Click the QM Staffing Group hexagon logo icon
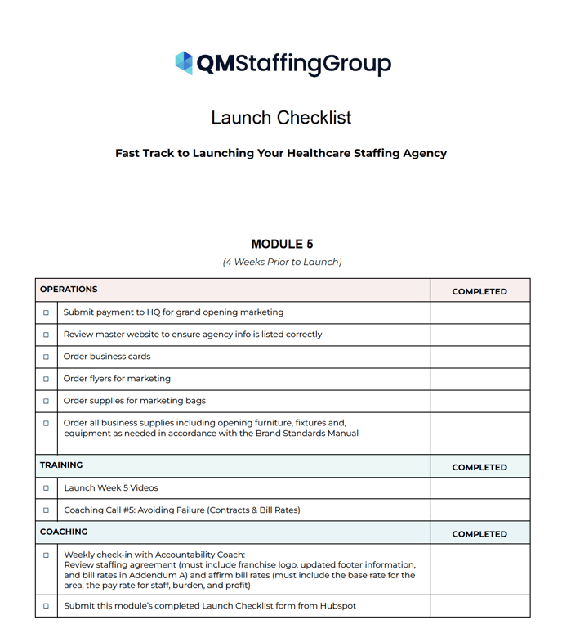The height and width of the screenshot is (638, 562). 184,63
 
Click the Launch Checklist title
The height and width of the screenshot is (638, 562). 281,118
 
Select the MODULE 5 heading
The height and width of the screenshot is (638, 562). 282,244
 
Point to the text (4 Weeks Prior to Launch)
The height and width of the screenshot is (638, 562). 282,262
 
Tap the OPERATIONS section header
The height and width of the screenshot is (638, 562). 69,290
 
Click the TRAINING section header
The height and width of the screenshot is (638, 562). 61,465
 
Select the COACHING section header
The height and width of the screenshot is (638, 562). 64,532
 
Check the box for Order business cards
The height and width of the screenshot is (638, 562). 46,357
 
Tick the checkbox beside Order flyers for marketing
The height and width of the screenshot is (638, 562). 46,379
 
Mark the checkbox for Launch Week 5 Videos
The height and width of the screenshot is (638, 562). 46,488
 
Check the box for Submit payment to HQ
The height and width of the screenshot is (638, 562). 46,312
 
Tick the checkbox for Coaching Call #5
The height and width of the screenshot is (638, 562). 46,510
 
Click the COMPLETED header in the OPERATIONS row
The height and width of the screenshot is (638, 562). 479,291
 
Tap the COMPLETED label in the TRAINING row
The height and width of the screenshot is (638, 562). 479,467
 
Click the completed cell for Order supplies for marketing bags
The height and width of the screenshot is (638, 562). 479,401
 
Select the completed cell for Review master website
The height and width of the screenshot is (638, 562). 479,335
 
